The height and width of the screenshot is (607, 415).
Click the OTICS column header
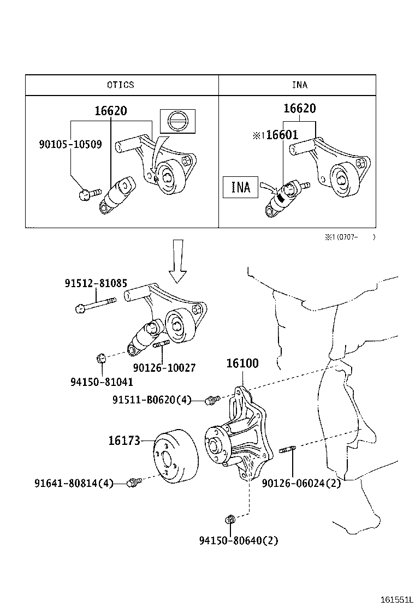pyautogui.click(x=120, y=85)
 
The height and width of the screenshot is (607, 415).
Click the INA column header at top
pyautogui.click(x=299, y=85)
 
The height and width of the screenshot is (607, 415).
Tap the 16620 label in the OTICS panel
pyautogui.click(x=110, y=111)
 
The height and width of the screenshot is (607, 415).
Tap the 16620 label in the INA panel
pyautogui.click(x=299, y=108)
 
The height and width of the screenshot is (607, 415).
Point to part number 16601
pyautogui.click(x=282, y=135)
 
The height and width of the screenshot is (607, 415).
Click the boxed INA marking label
pyautogui.click(x=240, y=187)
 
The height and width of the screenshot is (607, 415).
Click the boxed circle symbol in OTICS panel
pyautogui.click(x=176, y=121)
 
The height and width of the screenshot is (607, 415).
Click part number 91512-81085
pyautogui.click(x=96, y=284)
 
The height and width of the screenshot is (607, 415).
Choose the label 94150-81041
pyautogui.click(x=102, y=383)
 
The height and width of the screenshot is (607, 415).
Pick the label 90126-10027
pyautogui.click(x=164, y=368)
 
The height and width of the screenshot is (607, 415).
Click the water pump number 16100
pyautogui.click(x=242, y=363)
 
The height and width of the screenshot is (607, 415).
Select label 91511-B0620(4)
pyautogui.click(x=152, y=400)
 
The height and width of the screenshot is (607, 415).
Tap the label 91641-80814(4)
pyautogui.click(x=74, y=483)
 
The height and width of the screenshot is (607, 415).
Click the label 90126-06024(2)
pyautogui.click(x=301, y=483)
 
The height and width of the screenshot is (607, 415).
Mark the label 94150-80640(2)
pyautogui.click(x=239, y=541)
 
